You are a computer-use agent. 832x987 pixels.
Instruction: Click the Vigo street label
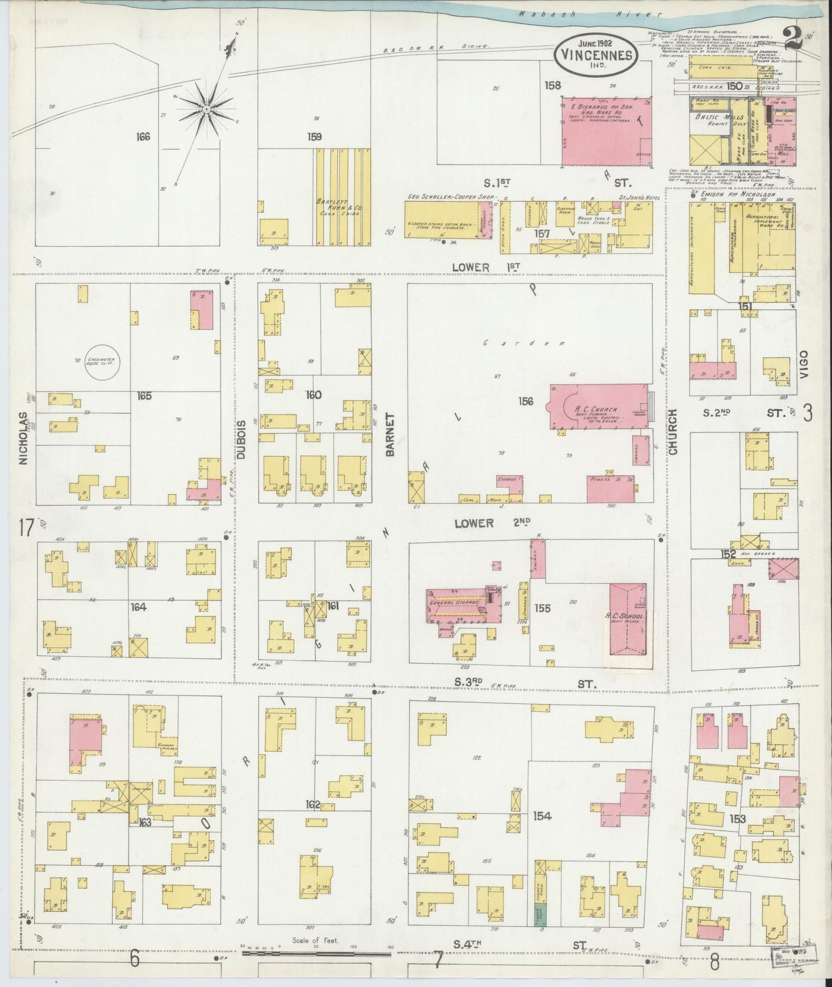point(804,364)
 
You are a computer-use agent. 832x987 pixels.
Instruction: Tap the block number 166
point(143,137)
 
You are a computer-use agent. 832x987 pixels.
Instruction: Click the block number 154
point(542,816)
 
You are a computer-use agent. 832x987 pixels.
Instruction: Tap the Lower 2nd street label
point(492,523)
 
